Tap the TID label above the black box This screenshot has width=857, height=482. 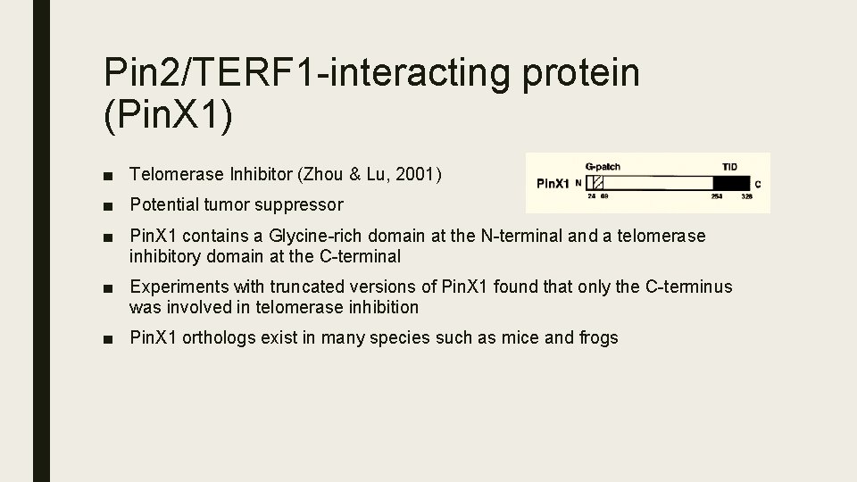point(730,166)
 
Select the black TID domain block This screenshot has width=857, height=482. point(731,183)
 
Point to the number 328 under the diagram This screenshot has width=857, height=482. point(748,197)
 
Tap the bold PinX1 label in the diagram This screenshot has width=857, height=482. point(552,184)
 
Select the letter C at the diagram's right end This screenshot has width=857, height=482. point(758,184)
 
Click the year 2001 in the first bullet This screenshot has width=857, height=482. point(416,175)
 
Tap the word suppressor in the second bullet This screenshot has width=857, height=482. point(299,205)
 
